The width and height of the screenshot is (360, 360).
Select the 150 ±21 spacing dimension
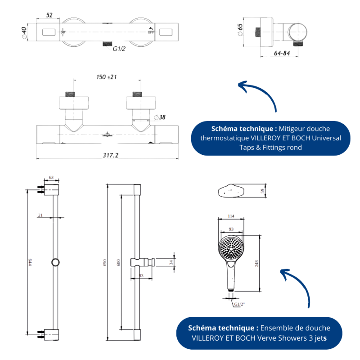tap(107, 77)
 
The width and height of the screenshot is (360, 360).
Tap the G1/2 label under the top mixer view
tap(119, 49)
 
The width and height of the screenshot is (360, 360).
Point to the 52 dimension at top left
tap(49, 15)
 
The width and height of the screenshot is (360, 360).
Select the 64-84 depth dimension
tap(282, 53)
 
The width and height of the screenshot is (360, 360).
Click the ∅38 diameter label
tap(160, 117)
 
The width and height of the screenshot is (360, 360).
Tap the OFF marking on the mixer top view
tap(151, 32)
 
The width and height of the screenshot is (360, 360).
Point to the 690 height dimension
tap(104, 262)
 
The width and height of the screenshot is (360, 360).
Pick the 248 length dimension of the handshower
tap(257, 263)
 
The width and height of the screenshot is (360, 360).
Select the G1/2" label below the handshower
tap(239, 304)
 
